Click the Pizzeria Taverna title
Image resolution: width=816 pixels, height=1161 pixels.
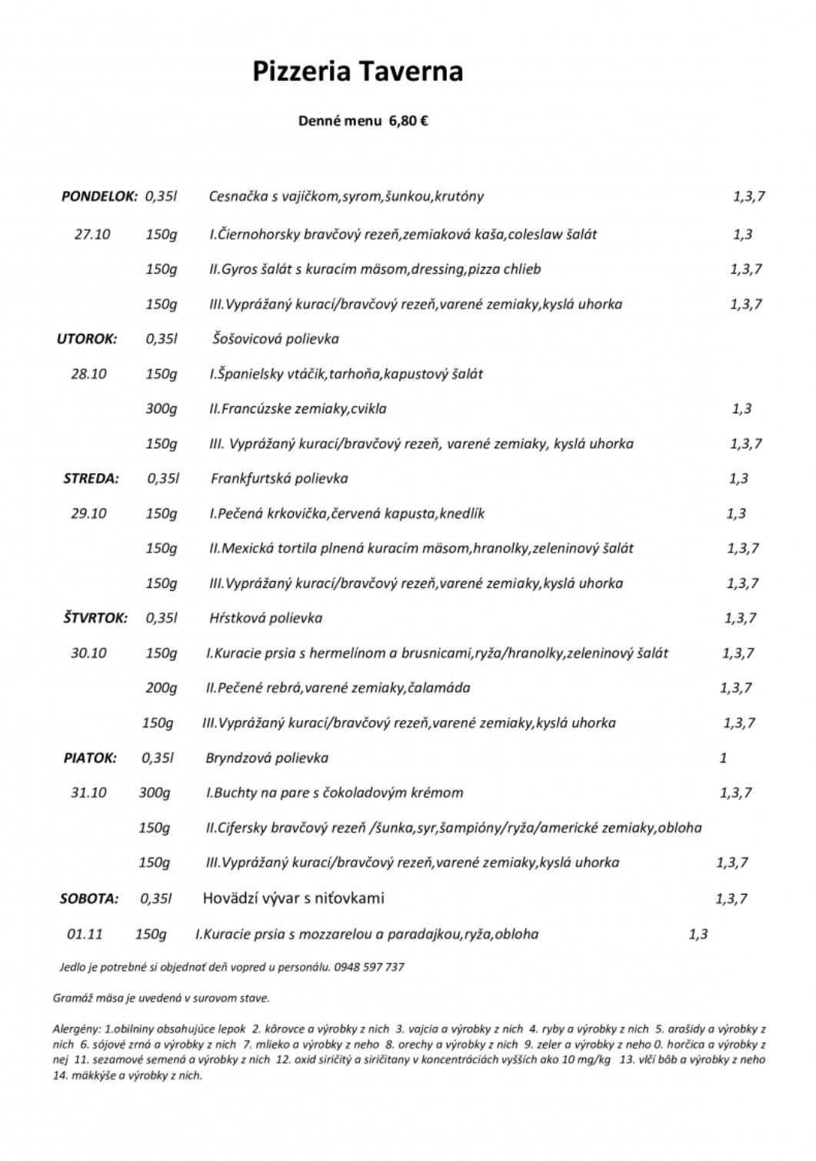(x=358, y=72)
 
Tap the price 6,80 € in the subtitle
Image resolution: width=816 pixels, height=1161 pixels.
(x=408, y=121)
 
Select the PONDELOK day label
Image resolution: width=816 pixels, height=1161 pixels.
(x=99, y=196)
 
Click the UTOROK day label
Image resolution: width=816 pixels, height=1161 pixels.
(x=86, y=339)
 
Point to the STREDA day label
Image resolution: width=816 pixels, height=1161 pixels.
(x=91, y=479)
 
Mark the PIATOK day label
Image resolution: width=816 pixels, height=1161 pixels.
(x=90, y=758)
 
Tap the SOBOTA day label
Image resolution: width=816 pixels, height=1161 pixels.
(x=89, y=898)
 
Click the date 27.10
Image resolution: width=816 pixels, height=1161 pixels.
(x=92, y=234)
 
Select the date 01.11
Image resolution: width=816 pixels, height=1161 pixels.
(x=85, y=934)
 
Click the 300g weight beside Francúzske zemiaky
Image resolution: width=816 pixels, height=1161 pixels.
(x=161, y=409)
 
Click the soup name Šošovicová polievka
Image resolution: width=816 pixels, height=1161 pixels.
(x=275, y=339)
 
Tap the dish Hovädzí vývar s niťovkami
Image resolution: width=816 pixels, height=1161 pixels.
(x=293, y=898)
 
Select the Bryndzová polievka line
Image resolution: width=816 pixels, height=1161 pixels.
(x=267, y=758)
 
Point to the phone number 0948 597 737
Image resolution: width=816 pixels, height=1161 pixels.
(x=369, y=967)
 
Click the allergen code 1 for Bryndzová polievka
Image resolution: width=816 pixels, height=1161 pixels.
(x=723, y=758)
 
